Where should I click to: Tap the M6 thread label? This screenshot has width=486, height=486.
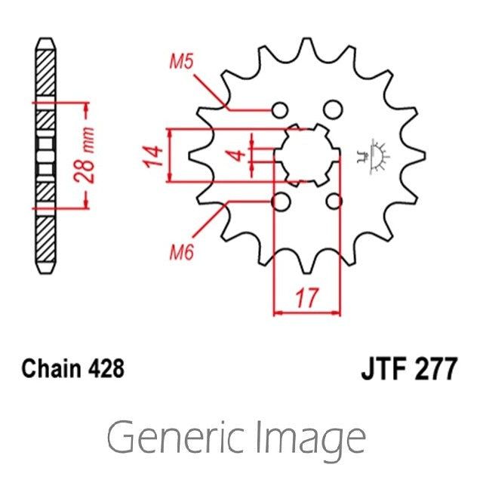pyautogui.click(x=178, y=253)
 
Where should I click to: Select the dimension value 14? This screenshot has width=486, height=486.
pyautogui.click(x=152, y=155)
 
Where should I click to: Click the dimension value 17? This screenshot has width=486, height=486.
pyautogui.click(x=306, y=300)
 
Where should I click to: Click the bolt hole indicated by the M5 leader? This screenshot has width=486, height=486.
pyautogui.click(x=281, y=109)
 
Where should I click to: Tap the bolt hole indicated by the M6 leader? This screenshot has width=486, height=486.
pyautogui.click(x=281, y=201)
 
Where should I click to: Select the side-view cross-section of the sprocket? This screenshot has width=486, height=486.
pyautogui.click(x=47, y=155)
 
